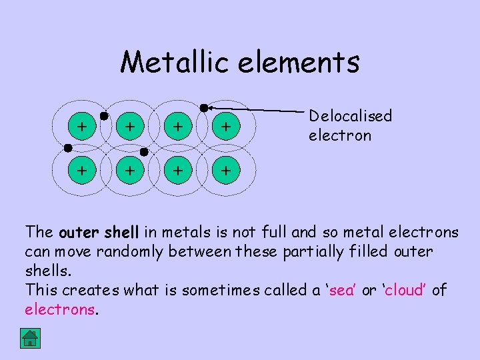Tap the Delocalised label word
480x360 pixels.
coord(350,116)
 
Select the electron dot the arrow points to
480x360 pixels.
coord(203,107)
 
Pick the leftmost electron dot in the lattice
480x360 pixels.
coord(67,147)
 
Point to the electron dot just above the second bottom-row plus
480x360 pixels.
coord(144,152)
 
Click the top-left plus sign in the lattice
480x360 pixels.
coord(81,125)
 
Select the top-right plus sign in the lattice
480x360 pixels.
coord(226,125)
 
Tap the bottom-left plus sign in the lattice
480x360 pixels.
coord(81,171)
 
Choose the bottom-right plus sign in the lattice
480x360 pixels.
coord(226,171)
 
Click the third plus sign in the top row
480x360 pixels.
coord(178,125)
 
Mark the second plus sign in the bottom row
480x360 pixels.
coord(131,171)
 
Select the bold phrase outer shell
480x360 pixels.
coord(99,233)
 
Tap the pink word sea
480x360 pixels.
coord(342,291)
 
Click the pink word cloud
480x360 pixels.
coord(404,291)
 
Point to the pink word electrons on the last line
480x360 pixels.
coord(61,310)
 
